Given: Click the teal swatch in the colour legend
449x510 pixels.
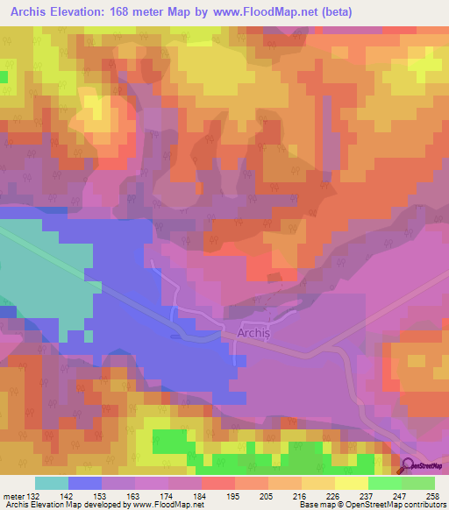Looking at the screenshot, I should [52, 484].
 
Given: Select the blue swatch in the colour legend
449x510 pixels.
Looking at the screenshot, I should [85, 484].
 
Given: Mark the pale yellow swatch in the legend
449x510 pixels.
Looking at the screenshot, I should [351, 484].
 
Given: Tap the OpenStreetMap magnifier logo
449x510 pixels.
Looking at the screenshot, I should [409, 466].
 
